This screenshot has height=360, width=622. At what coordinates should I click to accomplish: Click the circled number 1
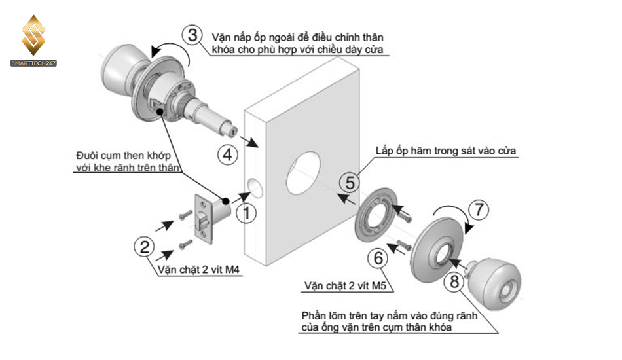click(246, 213)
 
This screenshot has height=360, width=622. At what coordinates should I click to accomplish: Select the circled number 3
click(192, 35)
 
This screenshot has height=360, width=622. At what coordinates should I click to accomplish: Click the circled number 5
click(351, 183)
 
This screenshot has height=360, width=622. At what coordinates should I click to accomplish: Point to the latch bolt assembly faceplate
click(204, 219)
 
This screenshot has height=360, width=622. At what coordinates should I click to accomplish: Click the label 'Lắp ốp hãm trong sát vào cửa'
click(446, 151)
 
